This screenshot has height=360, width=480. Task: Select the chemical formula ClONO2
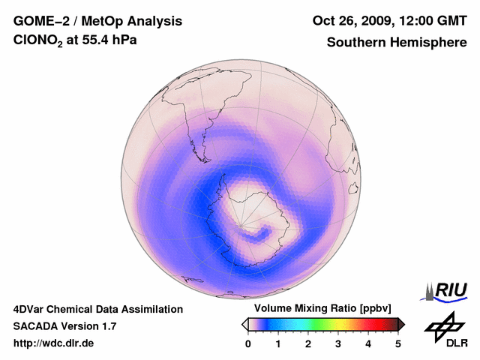[x=39, y=43]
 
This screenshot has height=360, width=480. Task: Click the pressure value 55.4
[x=100, y=42]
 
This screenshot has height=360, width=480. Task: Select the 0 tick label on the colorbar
[x=248, y=343]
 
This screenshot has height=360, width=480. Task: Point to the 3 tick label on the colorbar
[x=338, y=343]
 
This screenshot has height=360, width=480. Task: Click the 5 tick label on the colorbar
[x=398, y=343]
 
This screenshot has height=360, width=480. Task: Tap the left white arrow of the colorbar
[x=244, y=324]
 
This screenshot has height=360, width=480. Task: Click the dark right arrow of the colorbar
[x=401, y=324]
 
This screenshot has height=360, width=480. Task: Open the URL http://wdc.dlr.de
[x=54, y=343]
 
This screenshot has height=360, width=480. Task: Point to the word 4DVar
[x=31, y=309]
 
